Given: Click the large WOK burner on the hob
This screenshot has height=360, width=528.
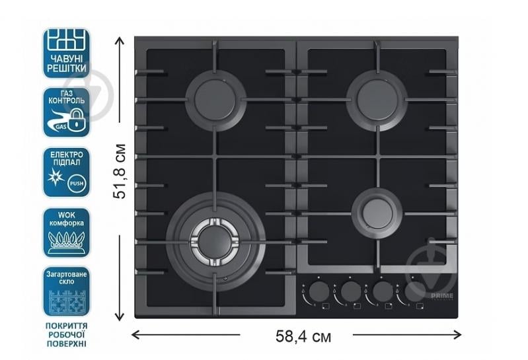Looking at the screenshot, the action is [x=215, y=242].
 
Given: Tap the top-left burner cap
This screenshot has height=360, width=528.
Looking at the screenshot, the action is [x=215, y=100].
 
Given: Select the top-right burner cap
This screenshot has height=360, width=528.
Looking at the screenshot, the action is [x=377, y=100].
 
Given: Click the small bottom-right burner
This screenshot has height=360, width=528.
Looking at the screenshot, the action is [x=377, y=213].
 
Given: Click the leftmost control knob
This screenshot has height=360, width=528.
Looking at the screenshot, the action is [x=319, y=291].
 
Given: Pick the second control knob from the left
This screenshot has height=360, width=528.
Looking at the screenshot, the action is [x=350, y=291].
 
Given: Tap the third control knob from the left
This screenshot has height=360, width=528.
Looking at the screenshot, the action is [x=383, y=291].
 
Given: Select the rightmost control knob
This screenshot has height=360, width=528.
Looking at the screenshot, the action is [x=414, y=291].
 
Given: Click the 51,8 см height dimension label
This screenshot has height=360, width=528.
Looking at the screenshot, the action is [x=120, y=171].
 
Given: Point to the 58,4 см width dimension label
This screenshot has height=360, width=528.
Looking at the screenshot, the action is [x=303, y=336].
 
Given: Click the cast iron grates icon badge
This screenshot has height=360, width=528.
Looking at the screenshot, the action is [x=67, y=53].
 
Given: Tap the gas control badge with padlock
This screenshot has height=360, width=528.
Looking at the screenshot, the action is [x=67, y=112].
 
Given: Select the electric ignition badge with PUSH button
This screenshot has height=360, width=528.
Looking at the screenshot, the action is [x=67, y=172].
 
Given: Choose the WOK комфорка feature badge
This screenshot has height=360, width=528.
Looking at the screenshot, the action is [x=67, y=233].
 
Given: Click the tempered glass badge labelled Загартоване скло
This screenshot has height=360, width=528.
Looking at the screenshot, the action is [x=67, y=291].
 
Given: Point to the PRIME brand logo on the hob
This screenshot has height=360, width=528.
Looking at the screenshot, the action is [x=442, y=296].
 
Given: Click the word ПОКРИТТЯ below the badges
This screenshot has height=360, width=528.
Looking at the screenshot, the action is [x=66, y=326].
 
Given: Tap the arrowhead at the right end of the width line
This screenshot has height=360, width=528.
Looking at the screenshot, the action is [x=458, y=335].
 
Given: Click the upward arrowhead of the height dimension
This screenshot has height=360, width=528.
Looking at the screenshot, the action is [x=120, y=40].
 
